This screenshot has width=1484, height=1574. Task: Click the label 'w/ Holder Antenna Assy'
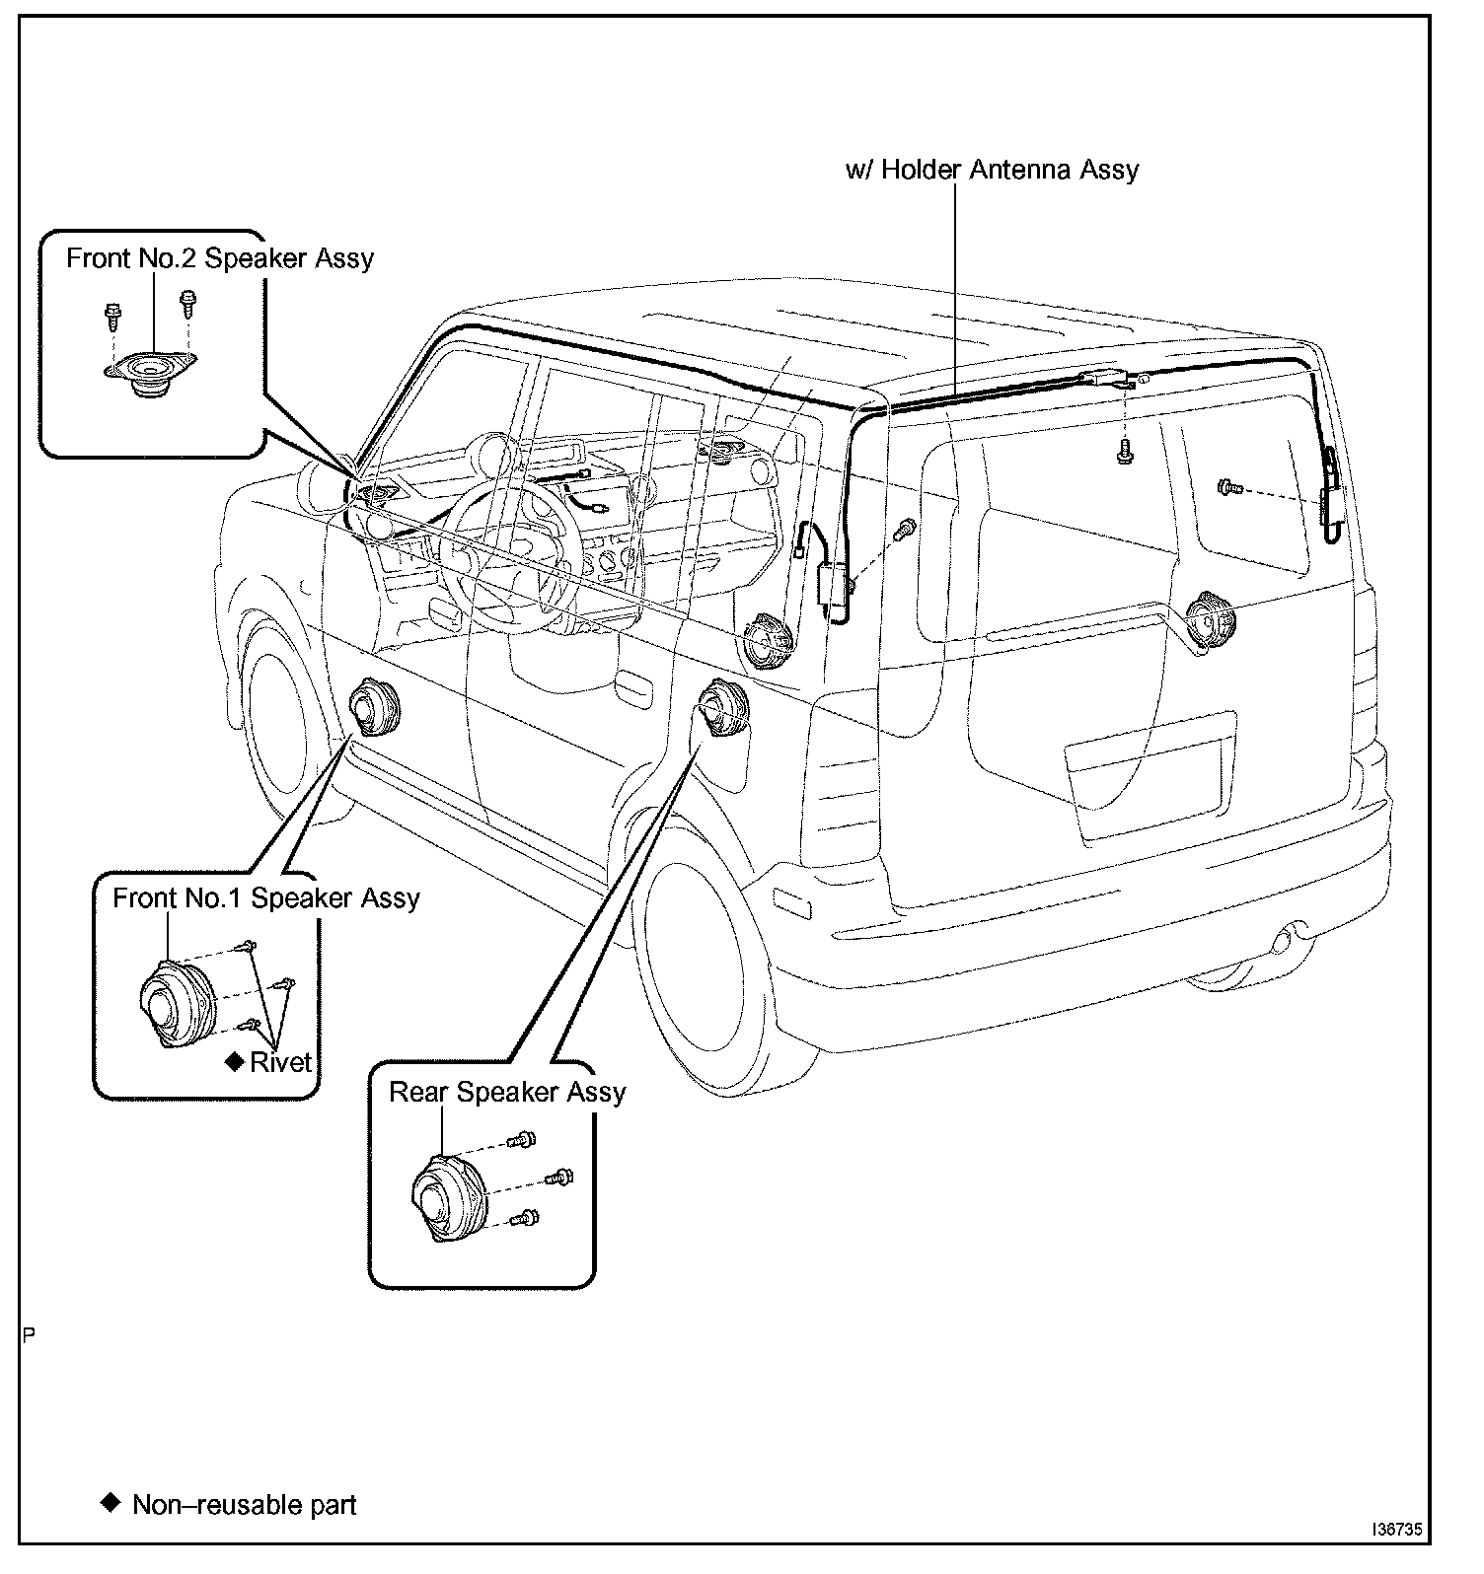(x=992, y=170)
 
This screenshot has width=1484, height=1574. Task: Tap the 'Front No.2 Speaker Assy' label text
(x=220, y=258)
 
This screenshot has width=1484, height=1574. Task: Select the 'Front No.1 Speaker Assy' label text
(x=265, y=898)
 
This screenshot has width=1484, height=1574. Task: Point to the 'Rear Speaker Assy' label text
(x=507, y=1093)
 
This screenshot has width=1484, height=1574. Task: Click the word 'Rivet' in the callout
(x=280, y=1062)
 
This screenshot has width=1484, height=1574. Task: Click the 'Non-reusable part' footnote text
(x=244, y=1505)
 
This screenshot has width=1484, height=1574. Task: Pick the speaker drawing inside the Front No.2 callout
(x=151, y=374)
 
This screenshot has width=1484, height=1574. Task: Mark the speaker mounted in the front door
(x=376, y=707)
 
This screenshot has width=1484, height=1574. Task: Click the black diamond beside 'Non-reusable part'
(x=110, y=1504)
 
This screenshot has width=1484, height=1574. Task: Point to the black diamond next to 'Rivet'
(x=234, y=1061)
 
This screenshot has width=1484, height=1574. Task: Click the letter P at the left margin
(x=29, y=1336)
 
